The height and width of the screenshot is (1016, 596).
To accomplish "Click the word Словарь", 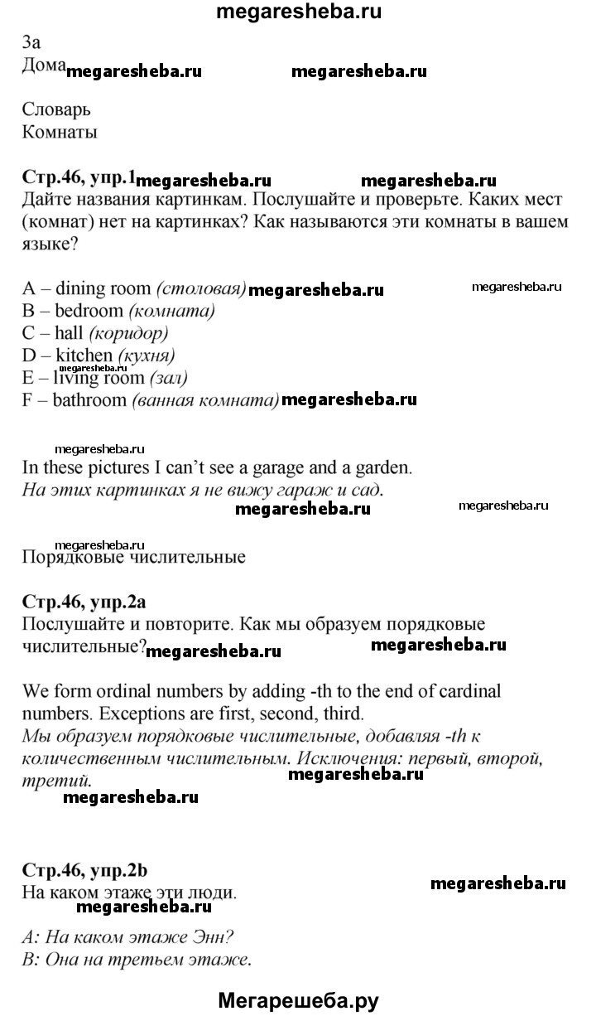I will [x=56, y=109].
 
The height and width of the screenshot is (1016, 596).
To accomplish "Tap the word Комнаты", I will [x=60, y=132].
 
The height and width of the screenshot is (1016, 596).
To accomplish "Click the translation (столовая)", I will [x=201, y=288].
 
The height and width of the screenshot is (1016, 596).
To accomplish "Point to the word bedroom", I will [x=89, y=311].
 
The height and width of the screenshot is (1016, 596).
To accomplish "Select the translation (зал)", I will [x=168, y=378].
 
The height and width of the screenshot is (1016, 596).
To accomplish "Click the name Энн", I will [x=210, y=939].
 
